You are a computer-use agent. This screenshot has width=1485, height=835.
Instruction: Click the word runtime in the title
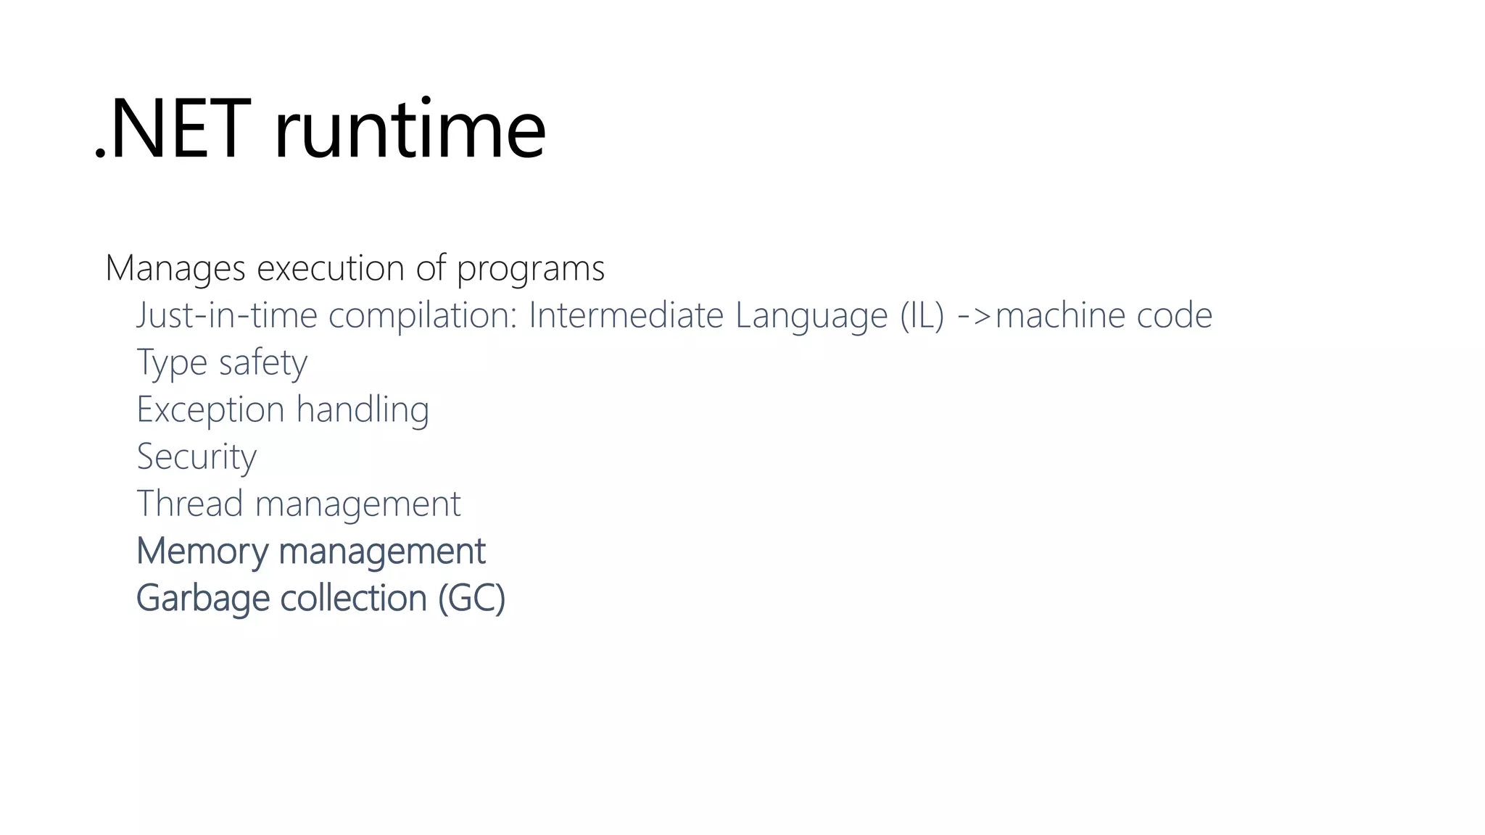pyautogui.click(x=410, y=130)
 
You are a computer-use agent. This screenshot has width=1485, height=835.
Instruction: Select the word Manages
pyautogui.click(x=175, y=269)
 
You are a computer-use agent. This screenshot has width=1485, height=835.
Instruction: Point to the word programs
pyautogui.click(x=530, y=269)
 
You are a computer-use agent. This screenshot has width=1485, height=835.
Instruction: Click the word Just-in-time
pyautogui.click(x=227, y=316)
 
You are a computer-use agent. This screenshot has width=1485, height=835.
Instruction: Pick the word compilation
pyautogui.click(x=423, y=316)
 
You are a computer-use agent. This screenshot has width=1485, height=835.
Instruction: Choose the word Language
pyautogui.click(x=811, y=316)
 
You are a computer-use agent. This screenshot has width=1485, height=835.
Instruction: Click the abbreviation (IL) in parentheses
pyautogui.click(x=922, y=316)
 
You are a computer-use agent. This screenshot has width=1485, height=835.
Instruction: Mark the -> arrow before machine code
pyautogui.click(x=975, y=316)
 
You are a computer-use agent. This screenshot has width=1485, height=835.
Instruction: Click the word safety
pyautogui.click(x=263, y=363)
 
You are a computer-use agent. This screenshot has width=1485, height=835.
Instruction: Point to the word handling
pyautogui.click(x=363, y=410)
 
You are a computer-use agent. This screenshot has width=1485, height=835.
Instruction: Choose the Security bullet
pyautogui.click(x=197, y=457)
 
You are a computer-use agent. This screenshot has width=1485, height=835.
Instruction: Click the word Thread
pyautogui.click(x=190, y=504)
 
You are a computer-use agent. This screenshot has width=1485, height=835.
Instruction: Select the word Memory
pyautogui.click(x=202, y=552)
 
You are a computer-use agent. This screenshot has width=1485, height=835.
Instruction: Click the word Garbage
pyautogui.click(x=202, y=599)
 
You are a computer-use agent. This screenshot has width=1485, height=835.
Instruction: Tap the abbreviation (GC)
pyautogui.click(x=471, y=599)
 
